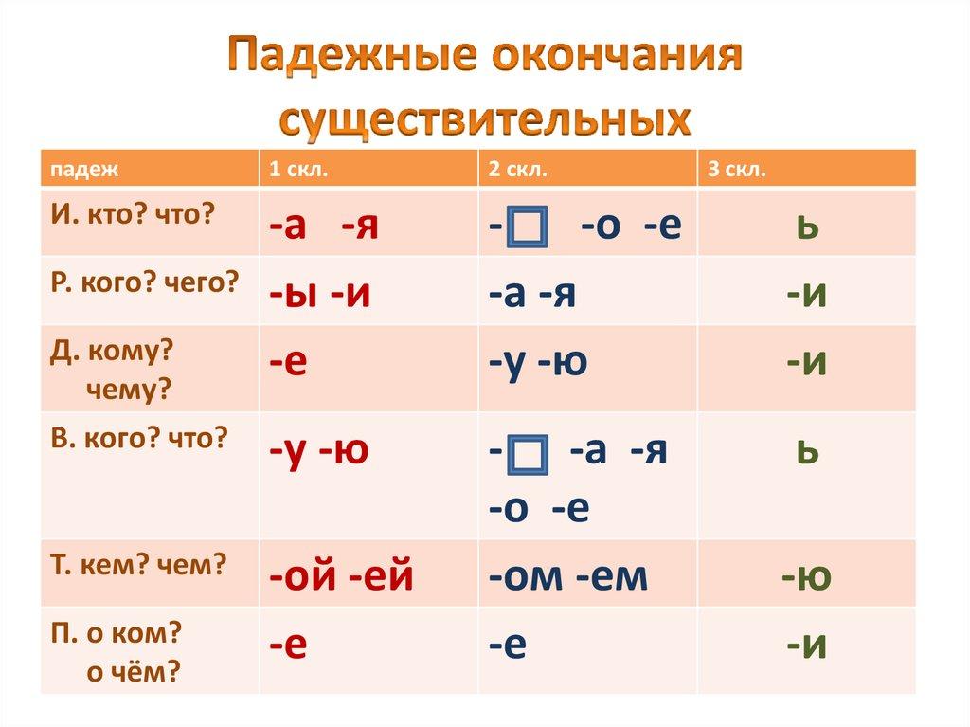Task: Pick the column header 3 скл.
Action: pyautogui.click(x=737, y=169)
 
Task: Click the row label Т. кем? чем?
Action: pyautogui.click(x=138, y=565)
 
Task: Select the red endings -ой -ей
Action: pyautogui.click(x=341, y=575)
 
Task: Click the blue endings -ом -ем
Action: pyautogui.click(x=567, y=575)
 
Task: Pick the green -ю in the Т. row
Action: pyautogui.click(x=806, y=575)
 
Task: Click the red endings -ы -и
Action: pyautogui.click(x=319, y=296)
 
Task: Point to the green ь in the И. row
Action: pyautogui.click(x=807, y=227)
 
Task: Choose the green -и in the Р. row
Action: pyautogui.click(x=807, y=296)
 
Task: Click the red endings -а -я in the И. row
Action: pyautogui.click(x=323, y=227)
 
